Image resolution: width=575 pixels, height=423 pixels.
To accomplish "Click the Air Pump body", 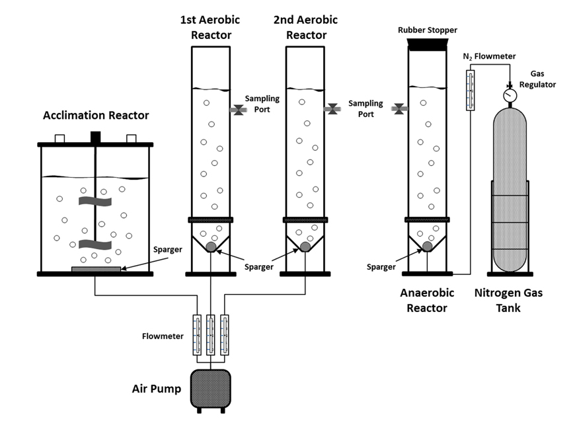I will tap(210, 389).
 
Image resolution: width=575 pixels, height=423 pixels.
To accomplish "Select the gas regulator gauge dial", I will tap(510, 96).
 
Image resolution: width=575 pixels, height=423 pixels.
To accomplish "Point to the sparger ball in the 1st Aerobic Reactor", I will tap(211, 247).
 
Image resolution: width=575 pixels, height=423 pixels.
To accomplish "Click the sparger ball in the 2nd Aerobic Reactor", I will tap(305, 247).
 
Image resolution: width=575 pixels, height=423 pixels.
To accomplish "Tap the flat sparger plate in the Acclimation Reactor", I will tap(96, 268).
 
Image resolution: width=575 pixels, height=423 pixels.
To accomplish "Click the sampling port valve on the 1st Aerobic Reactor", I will tap(238, 110).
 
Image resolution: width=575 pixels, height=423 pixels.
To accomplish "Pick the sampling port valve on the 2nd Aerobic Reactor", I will tap(332, 110).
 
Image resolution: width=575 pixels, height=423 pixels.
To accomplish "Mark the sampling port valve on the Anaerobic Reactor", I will tap(399, 109).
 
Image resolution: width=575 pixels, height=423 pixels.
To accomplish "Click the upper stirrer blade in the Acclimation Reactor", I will tap(95, 200).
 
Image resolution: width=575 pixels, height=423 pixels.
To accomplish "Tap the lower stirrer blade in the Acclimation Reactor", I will tap(95, 245).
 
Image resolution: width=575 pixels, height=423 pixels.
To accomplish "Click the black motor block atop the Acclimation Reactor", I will tap(95, 137).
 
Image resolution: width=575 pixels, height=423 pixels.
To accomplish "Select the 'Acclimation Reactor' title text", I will tap(96, 116).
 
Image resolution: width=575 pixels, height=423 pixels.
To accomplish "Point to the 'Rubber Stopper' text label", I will tap(428, 30).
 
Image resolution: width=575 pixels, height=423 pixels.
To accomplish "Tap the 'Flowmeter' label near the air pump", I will tap(163, 336).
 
